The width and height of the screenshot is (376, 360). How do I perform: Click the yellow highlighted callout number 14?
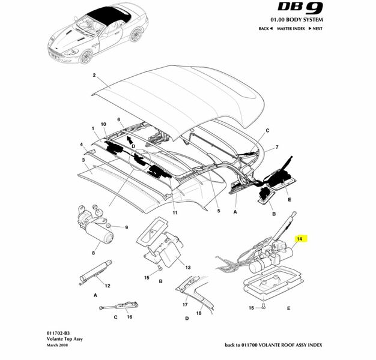[299, 238]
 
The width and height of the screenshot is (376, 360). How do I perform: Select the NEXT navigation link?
[315, 28]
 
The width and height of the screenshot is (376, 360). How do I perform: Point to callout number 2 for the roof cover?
[94, 76]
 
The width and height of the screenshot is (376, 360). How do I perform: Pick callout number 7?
[277, 147]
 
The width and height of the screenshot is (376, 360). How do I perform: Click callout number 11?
[175, 212]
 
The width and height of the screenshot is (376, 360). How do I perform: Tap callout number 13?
[187, 267]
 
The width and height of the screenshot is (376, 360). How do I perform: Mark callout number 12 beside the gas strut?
[108, 286]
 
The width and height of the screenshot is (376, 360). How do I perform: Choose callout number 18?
[199, 313]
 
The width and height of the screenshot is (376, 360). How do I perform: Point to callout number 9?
[127, 227]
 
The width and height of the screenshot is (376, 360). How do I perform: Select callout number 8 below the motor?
[94, 253]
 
